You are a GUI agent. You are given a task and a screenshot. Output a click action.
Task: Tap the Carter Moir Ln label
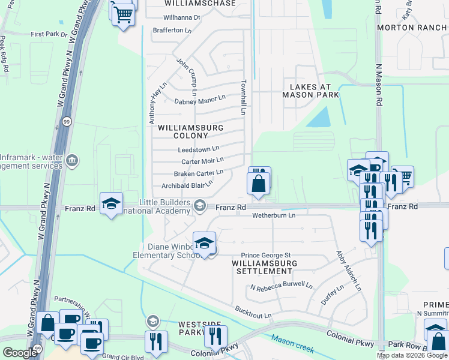tap(202, 161)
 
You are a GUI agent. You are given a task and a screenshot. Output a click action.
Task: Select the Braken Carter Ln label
tap(199, 173)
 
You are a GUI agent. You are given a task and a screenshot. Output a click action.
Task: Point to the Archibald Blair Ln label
tap(187, 185)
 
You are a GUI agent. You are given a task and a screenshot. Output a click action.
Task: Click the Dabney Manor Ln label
tap(200, 100)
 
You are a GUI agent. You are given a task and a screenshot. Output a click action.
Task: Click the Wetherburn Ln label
tap(274, 215)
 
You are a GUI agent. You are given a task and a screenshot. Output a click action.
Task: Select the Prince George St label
tap(266, 256)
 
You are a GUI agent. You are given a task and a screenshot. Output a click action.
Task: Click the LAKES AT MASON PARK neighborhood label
tap(311, 91)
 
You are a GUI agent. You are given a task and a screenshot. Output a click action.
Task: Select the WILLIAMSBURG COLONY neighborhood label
tap(190, 131)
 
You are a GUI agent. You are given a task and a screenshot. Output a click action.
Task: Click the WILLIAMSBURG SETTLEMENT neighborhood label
tap(265, 267)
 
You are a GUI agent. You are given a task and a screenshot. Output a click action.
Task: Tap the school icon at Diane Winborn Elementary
tap(204, 244)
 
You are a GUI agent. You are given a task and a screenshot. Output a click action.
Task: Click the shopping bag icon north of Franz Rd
tap(258, 185)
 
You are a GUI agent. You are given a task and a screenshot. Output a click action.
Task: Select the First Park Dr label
tap(49, 35)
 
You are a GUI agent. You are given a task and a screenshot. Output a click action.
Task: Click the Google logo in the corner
tap(20, 353)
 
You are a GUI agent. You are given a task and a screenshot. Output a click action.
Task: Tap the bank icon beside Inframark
tap(72, 160)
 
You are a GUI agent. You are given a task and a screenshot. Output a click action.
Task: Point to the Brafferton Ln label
tap(172, 30)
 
